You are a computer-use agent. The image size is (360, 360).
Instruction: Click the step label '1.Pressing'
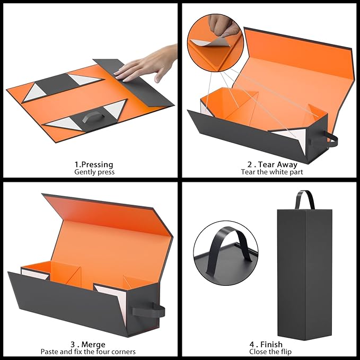point(94,164)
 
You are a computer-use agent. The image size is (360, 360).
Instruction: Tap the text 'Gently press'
point(94,172)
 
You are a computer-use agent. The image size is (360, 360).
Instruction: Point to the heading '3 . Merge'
point(88,344)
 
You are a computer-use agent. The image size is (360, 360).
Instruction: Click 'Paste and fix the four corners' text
point(88,352)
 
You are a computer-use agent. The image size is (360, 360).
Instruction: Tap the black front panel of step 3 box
point(80,302)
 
